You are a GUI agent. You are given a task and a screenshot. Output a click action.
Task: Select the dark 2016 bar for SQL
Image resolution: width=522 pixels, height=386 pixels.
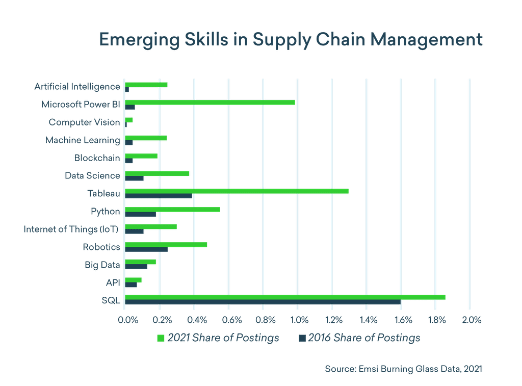[263, 302]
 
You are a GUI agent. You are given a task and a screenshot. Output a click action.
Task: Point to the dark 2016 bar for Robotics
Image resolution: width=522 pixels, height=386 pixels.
[146, 249]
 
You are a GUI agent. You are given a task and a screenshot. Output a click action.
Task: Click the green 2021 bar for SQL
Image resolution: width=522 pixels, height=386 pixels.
[285, 297]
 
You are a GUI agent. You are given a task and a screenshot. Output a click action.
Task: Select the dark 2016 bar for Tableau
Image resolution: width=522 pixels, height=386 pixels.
[159, 196]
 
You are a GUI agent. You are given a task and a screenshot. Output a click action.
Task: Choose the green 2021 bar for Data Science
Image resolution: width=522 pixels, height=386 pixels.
[157, 173]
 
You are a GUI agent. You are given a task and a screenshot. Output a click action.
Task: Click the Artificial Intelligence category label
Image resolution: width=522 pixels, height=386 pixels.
[77, 86]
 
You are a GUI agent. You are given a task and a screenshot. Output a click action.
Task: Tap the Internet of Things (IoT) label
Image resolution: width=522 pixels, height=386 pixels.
[71, 229]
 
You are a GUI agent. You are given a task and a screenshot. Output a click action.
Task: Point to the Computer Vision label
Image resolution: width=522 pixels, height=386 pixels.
[84, 122]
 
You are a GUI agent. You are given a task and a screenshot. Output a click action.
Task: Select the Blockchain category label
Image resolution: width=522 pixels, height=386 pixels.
[97, 158]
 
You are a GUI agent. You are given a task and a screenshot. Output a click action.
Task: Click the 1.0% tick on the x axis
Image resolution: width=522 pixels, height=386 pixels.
[299, 320]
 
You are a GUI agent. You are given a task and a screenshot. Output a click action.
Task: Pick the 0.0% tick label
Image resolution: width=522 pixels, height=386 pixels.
[127, 320]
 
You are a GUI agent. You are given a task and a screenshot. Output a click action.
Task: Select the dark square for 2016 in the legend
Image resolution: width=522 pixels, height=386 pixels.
[302, 338]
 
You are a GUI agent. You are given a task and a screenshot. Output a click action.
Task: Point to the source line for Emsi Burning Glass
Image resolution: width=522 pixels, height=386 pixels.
[403, 368]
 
